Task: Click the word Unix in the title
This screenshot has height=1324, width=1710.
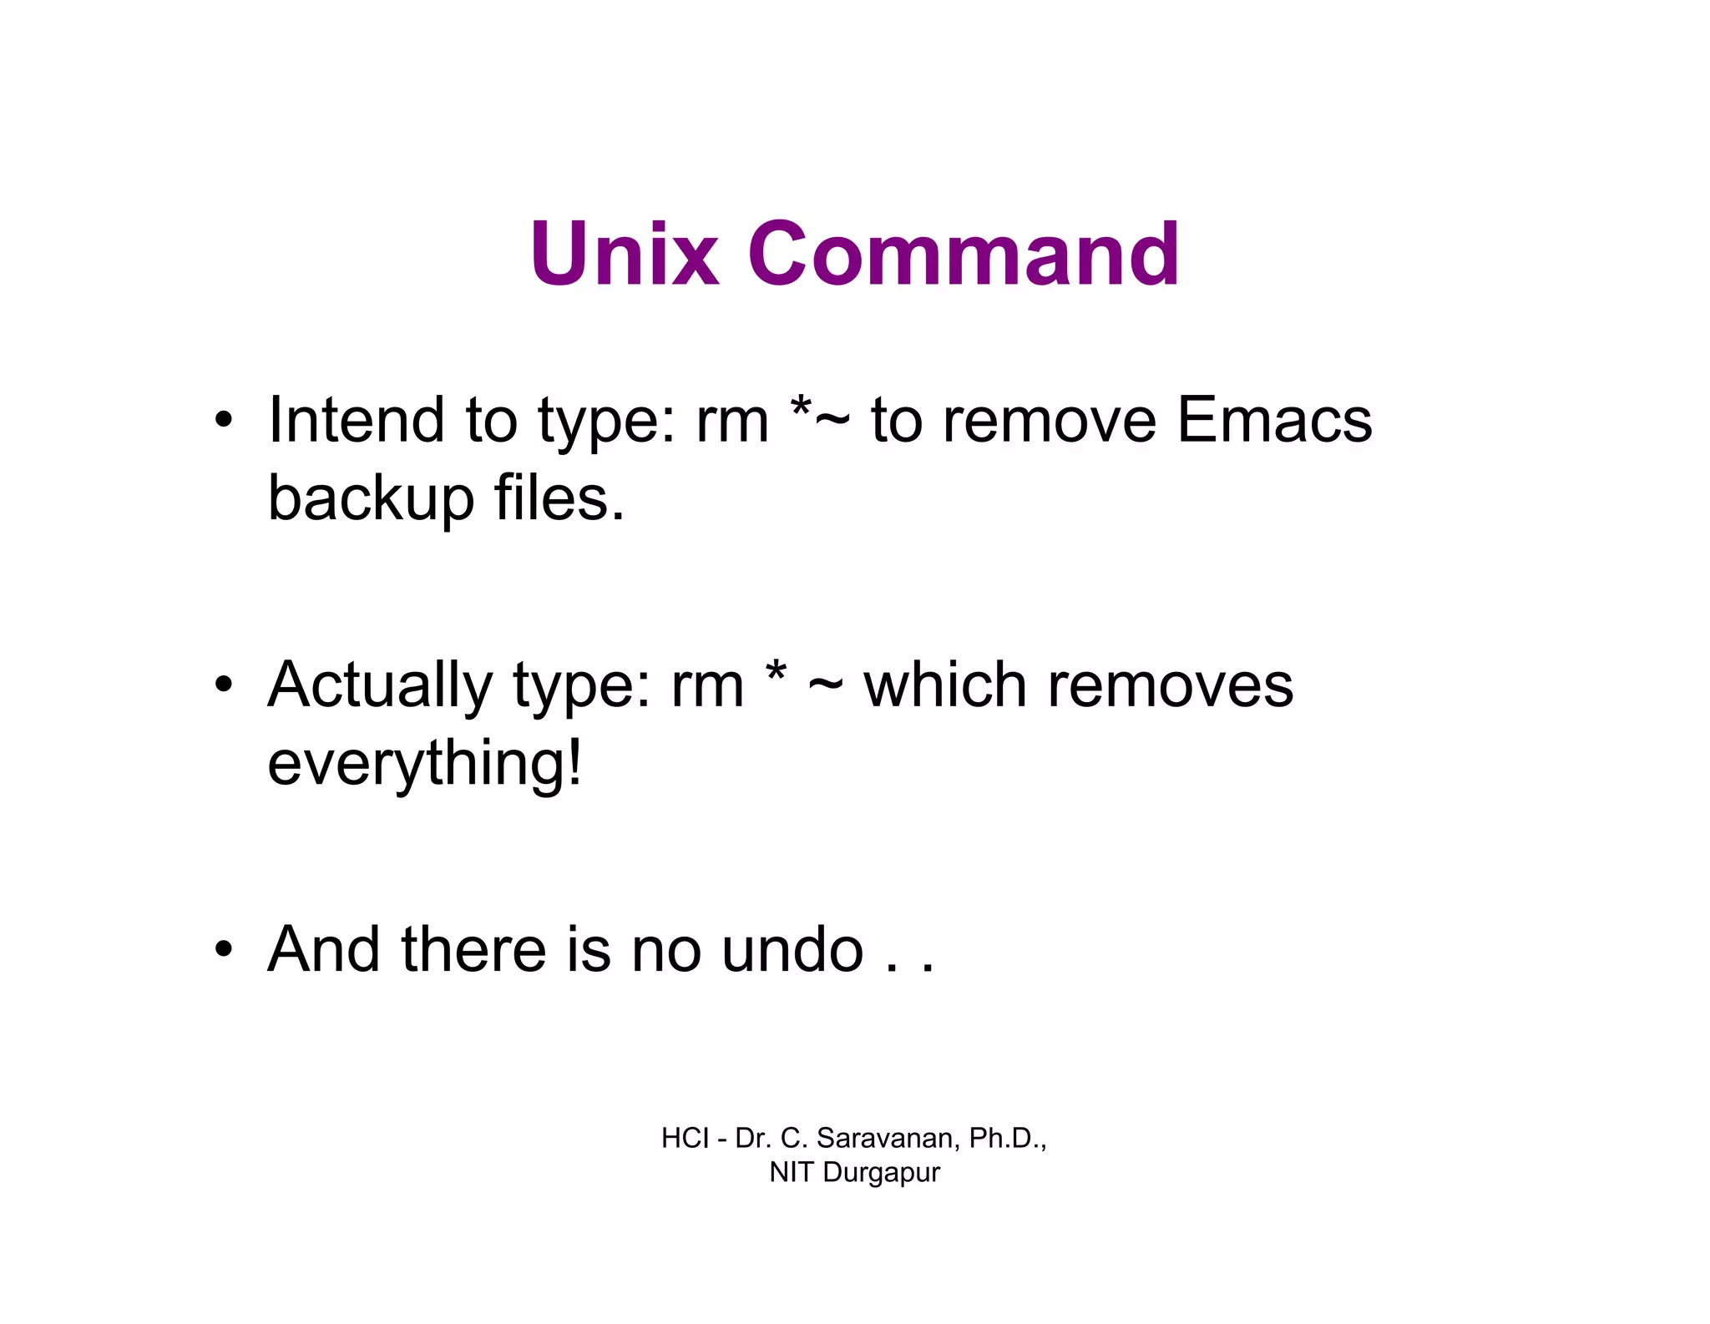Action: pyautogui.click(x=624, y=254)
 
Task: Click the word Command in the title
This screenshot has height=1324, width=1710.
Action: pyautogui.click(x=964, y=254)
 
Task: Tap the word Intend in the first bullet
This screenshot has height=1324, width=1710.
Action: pyautogui.click(x=356, y=420)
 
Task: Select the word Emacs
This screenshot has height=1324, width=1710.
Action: pyautogui.click(x=1274, y=420)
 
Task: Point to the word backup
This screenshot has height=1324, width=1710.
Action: pyautogui.click(x=371, y=499)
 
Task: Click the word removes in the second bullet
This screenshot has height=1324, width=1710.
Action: pyautogui.click(x=1170, y=686)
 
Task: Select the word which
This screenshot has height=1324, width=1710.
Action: pyautogui.click(x=944, y=686)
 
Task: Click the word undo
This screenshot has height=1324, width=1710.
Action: pyautogui.click(x=792, y=950)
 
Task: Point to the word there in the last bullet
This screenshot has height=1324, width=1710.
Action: pyautogui.click(x=473, y=950)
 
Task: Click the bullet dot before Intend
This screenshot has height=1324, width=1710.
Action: pyautogui.click(x=223, y=421)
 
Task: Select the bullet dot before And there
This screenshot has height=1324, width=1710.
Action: pyautogui.click(x=223, y=950)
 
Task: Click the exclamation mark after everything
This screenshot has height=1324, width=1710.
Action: pyautogui.click(x=574, y=761)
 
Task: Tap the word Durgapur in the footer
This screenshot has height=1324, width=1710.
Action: pyautogui.click(x=881, y=1173)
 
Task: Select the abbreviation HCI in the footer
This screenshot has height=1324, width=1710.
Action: pyautogui.click(x=685, y=1138)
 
